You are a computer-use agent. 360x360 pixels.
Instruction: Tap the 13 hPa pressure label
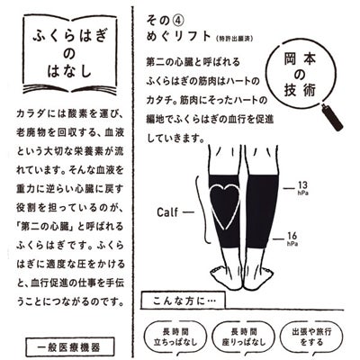click(x=302, y=188)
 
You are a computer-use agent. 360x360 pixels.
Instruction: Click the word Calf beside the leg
click(x=167, y=212)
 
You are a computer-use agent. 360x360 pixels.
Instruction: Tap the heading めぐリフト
click(x=179, y=36)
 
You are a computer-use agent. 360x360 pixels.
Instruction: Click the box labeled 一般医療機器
click(x=70, y=347)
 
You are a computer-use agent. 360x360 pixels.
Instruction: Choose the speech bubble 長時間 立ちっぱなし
click(x=175, y=337)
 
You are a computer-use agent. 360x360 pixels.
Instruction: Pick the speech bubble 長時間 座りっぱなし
click(x=244, y=337)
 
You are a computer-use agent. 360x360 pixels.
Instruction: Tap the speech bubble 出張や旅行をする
click(x=312, y=337)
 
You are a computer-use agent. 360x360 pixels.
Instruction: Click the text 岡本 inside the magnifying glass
click(x=300, y=59)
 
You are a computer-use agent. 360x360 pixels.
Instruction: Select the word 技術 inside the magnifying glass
click(x=300, y=90)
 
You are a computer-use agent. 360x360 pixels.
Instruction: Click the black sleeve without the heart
click(x=262, y=211)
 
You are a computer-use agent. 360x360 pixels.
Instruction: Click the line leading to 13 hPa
click(x=289, y=188)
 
